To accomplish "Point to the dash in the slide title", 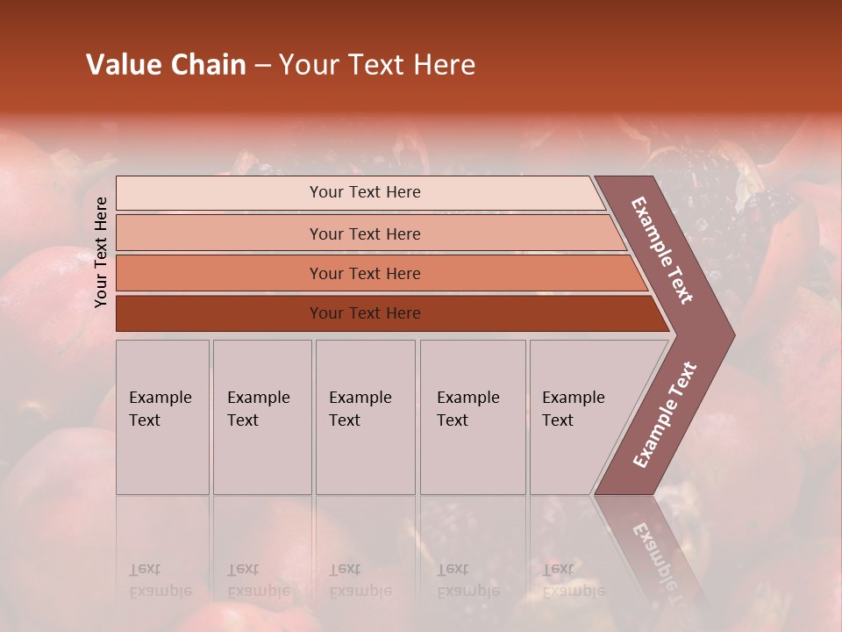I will (x=262, y=66).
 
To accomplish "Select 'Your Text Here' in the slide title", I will (x=377, y=65).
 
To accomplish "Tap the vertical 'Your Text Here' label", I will (x=101, y=252).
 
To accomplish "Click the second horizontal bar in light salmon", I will (x=365, y=233).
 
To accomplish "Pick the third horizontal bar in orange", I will (x=365, y=273).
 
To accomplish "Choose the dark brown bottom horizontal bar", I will (x=365, y=313).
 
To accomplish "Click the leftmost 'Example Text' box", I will (x=162, y=417).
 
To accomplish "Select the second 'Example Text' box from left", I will (x=261, y=417).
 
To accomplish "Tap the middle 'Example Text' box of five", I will (x=365, y=417).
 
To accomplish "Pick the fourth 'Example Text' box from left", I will (x=472, y=417).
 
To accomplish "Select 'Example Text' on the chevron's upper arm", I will (x=662, y=250).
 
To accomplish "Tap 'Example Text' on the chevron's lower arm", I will (x=665, y=415).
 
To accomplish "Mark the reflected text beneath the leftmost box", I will (x=160, y=580).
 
